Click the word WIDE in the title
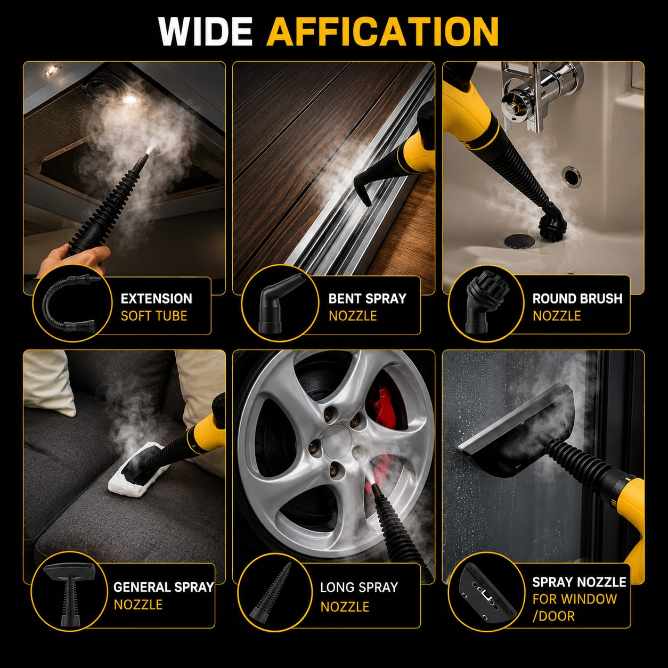coord(205,31)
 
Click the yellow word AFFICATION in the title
coord(382,31)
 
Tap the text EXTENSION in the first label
coord(156,298)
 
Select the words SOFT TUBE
coord(154,316)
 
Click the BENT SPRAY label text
coord(368,298)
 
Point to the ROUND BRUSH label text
coord(577,298)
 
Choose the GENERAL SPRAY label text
coord(164,587)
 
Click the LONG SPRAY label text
coord(359,587)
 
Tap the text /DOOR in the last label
coord(553,616)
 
